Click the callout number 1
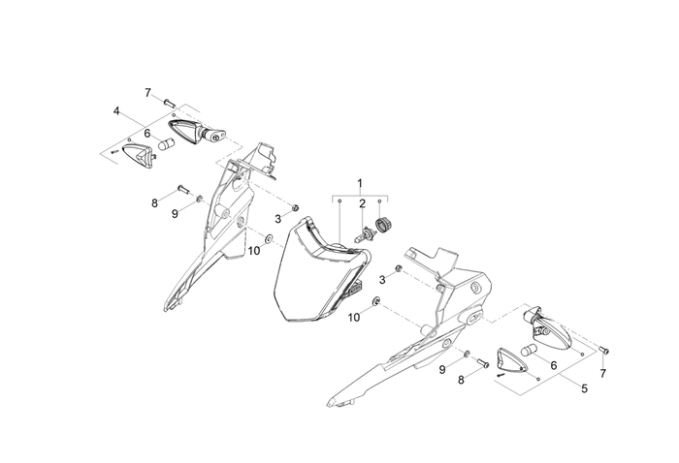pos(360,182)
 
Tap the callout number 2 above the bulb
pos(361,204)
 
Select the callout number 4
pos(116,111)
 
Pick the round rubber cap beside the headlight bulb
pos(383,226)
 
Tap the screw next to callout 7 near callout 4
pos(167,100)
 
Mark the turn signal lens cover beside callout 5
pos(511,359)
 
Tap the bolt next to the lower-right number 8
pos(481,363)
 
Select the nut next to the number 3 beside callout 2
pos(296,208)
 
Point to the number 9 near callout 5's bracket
pos(442,370)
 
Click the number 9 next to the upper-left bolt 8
pos(176,213)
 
